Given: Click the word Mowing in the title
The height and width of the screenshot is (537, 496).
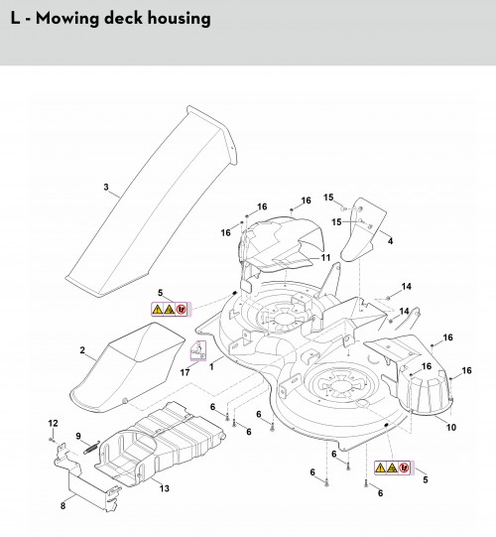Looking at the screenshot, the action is (67, 19).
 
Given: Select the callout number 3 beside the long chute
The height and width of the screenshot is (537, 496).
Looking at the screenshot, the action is (106, 187).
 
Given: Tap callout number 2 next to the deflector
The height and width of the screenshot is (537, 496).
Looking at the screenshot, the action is (82, 350).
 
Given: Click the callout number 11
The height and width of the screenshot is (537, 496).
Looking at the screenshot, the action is (325, 257).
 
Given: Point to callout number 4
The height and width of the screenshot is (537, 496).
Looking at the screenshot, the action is (390, 241).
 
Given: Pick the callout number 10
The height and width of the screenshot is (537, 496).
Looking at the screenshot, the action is (451, 427).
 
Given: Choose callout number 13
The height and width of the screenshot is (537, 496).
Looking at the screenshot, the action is (165, 488).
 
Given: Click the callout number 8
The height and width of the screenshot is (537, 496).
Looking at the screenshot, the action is (62, 505).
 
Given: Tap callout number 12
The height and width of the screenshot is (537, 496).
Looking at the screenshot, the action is (53, 423).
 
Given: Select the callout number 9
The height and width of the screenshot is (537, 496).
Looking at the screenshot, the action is (78, 436).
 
